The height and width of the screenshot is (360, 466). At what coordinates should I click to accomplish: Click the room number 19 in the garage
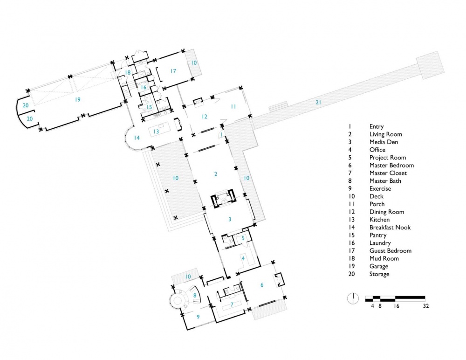pos(77,100)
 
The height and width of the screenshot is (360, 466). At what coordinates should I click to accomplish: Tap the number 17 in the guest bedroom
pos(173,71)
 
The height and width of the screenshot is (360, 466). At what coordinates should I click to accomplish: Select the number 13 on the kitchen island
pos(156,132)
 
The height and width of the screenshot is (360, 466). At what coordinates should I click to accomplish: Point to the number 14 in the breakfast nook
pos(137,138)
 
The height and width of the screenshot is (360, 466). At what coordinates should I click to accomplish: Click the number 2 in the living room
pos(216,174)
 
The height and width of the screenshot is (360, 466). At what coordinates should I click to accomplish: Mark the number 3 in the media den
pos(230,219)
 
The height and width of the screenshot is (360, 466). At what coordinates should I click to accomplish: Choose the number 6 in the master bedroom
pos(262,285)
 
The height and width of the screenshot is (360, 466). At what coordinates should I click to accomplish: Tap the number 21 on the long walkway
pos(318,102)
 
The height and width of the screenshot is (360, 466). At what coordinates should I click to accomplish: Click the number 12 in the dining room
pos(205,117)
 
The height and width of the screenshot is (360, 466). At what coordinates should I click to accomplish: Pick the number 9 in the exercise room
pos(198,317)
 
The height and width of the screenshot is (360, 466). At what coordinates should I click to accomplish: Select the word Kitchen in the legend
pos(379,220)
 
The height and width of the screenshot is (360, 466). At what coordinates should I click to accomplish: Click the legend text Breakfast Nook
pos(390,227)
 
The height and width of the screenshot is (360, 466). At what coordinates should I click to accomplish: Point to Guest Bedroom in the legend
pos(391,251)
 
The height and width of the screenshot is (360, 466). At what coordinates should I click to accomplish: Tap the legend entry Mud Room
pos(384,258)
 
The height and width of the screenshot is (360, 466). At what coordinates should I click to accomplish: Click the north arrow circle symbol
pos(353,298)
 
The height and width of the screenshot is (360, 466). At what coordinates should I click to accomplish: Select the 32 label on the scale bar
pos(426,306)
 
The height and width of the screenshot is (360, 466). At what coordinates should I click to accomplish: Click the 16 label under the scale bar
pos(397,306)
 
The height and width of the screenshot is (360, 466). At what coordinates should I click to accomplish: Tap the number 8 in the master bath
pos(195,296)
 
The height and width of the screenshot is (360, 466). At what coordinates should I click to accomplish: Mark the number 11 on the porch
pos(233,106)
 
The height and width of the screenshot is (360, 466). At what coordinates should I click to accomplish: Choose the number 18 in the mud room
pos(128,73)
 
